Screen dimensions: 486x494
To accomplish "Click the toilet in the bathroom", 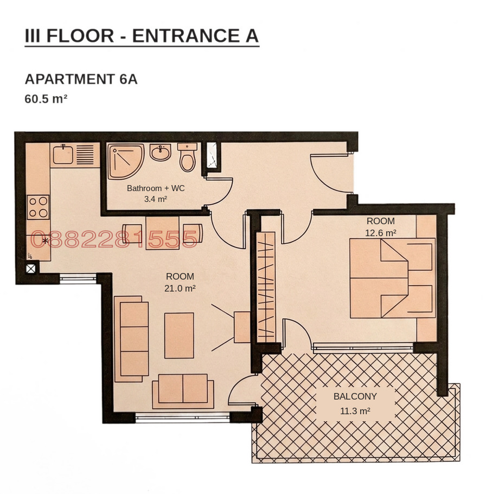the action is tap(188, 157).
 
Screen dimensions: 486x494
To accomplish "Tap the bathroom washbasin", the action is tap(161, 153).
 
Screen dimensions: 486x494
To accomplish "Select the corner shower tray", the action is tap(126, 162).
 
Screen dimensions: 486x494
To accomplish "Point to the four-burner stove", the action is tap(39, 207).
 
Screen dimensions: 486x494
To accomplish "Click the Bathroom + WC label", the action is tap(156, 188).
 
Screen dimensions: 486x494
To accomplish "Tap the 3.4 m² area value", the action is tap(156, 199).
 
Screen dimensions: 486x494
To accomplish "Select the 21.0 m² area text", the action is tap(180, 288).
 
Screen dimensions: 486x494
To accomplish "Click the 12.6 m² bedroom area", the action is tap(381, 233).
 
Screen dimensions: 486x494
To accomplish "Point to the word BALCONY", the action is tap(355, 396).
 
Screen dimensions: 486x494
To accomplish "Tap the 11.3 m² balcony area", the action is tap(355, 411).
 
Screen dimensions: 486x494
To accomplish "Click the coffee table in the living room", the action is tap(179, 335).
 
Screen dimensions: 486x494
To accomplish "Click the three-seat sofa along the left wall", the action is tap(132, 339).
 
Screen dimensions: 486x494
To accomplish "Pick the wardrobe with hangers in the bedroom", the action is tap(266, 287).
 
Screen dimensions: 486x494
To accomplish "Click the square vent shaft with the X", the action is tap(30, 269).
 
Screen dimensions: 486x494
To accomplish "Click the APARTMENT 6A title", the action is tap(81, 79).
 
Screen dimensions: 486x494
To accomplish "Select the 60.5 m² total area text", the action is tap(46, 99).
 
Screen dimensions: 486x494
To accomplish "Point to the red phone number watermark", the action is tap(114, 239).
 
